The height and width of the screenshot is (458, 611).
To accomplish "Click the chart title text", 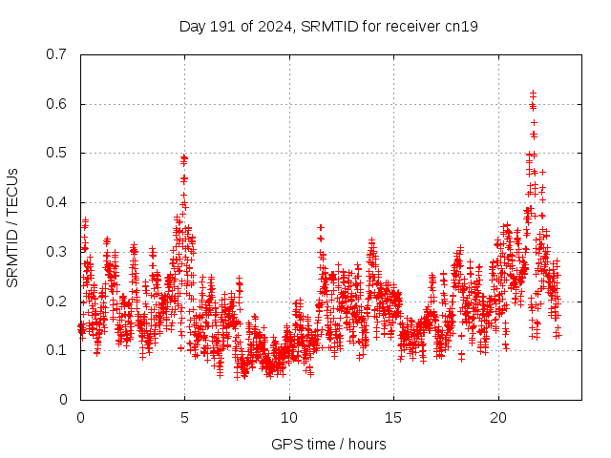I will click(328, 26).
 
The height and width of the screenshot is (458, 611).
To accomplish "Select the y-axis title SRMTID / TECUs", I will click(12, 227).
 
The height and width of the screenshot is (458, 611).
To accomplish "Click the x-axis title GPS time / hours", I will click(328, 444).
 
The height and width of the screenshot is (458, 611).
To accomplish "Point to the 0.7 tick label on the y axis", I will click(57, 54).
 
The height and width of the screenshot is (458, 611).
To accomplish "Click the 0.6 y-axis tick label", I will click(57, 104).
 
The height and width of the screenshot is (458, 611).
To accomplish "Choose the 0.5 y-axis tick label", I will click(57, 153).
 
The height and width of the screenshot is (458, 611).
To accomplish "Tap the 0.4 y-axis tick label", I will click(57, 202).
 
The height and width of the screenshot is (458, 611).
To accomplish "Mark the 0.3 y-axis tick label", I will click(57, 252).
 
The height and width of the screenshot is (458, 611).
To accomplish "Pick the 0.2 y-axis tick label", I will click(57, 302).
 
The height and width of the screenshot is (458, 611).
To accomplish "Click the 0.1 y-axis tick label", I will click(57, 350).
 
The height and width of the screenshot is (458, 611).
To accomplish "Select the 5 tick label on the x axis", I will click(185, 418).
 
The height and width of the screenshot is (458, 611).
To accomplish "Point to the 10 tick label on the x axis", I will click(289, 418).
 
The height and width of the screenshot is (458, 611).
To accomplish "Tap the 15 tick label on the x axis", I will click(393, 418).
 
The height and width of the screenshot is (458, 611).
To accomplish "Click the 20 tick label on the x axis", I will click(497, 418).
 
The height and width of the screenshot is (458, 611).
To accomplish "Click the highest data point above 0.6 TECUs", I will click(533, 94).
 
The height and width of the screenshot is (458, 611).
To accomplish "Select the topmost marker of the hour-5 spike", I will click(184, 157).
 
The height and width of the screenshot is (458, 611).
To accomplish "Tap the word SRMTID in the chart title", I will click(327, 26).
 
